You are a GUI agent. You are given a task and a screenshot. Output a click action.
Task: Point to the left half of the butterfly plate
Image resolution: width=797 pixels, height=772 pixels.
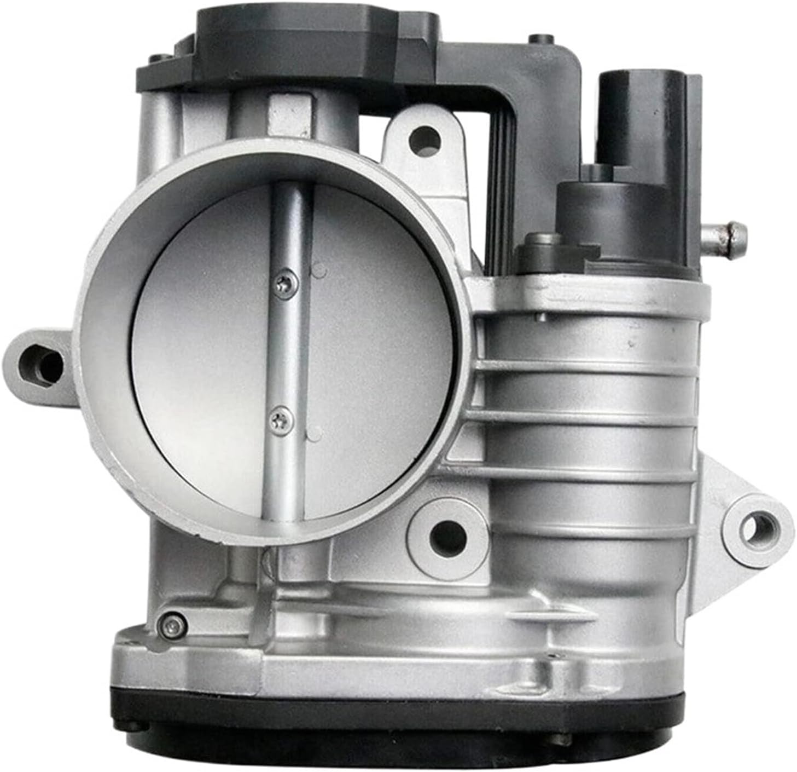click(202, 350)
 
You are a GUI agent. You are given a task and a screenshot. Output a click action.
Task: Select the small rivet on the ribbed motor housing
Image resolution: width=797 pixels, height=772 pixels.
click(540, 316)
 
